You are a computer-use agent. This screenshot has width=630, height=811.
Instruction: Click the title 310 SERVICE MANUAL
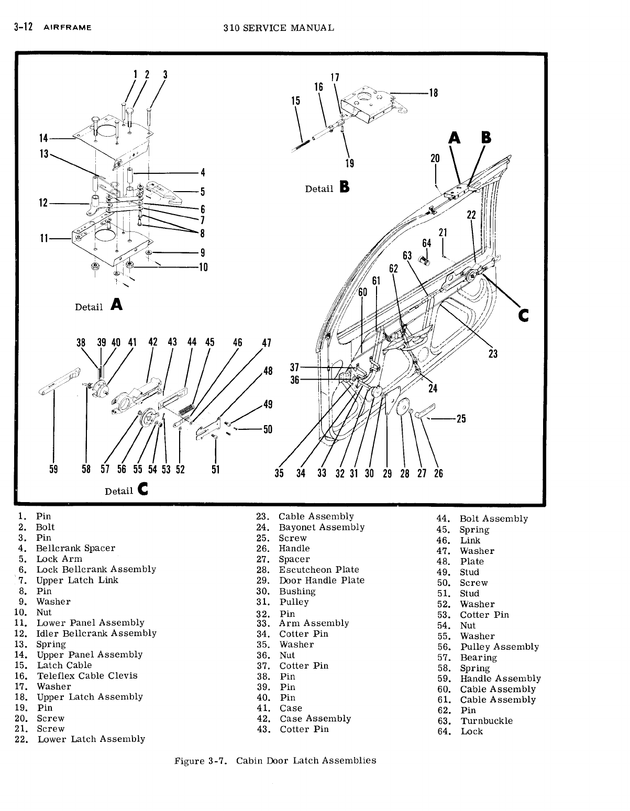coord(278,28)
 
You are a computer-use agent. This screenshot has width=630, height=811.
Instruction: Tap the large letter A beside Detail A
coord(117,304)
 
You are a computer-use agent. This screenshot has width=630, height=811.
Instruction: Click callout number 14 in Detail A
coord(43,138)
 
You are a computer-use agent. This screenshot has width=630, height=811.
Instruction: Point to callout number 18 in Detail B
coord(433,93)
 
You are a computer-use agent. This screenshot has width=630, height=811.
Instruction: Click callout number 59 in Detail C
coord(53,469)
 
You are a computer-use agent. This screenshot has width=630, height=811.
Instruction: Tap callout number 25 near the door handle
coord(461,419)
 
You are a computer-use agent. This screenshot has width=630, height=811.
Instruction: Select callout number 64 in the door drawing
coord(427,243)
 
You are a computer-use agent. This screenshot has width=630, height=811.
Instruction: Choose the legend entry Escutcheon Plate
coord(318,570)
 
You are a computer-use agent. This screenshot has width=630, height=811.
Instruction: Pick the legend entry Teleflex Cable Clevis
coord(87,676)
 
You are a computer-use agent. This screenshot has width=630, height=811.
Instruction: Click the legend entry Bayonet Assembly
coord(321,527)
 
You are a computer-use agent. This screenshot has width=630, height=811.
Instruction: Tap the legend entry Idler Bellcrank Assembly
coord(96,634)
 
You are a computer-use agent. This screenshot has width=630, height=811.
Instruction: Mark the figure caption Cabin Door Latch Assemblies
coord(306,760)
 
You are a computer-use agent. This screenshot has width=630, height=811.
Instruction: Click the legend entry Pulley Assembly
coord(499,647)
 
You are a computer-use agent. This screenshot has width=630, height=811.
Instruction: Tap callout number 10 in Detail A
coord(203,268)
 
